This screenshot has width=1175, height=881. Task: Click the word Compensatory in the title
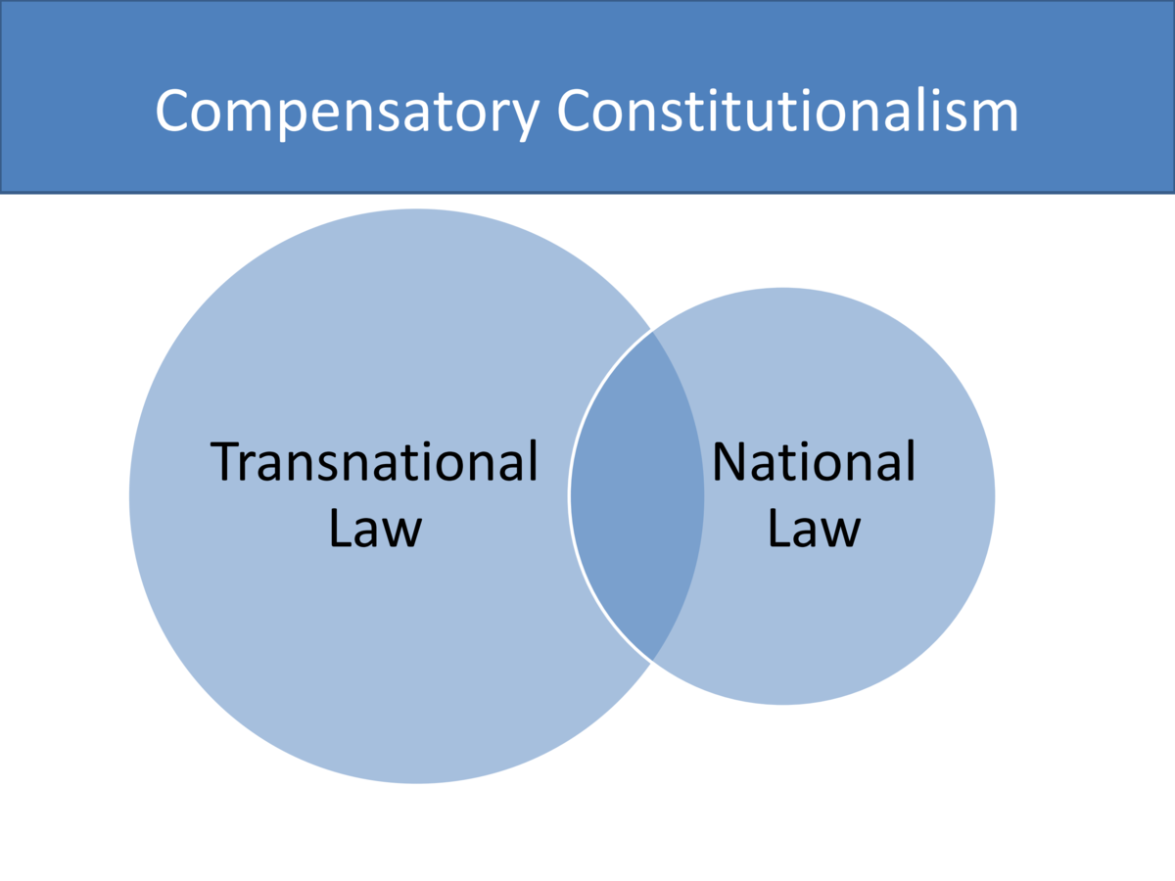[x=347, y=110]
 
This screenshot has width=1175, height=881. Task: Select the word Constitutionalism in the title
[x=788, y=110]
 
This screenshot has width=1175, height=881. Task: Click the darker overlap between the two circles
[x=636, y=495]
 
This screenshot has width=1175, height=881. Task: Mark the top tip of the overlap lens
[x=652, y=332]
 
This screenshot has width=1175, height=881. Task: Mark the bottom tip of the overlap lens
[x=652, y=659]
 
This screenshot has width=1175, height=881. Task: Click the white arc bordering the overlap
[x=570, y=495]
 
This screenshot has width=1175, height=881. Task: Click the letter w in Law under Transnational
[x=400, y=532]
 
